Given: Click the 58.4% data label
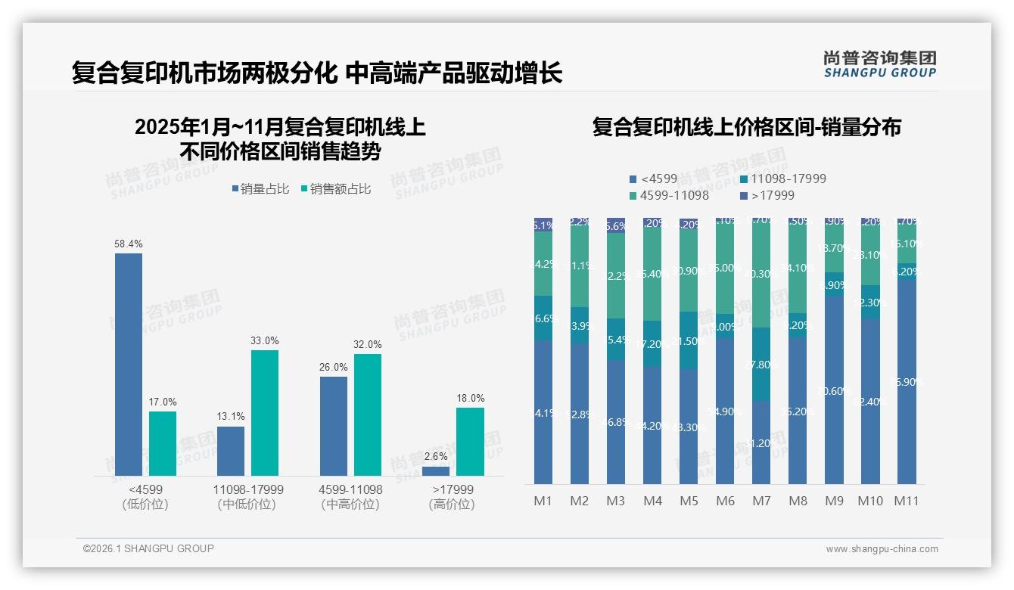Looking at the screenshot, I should click(x=129, y=244).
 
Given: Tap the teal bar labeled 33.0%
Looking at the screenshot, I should click(x=265, y=413).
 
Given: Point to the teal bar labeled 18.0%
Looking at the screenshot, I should click(x=470, y=442).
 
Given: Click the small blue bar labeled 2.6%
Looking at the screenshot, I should click(x=436, y=471).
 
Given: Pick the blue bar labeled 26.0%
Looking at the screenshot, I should click(x=334, y=426).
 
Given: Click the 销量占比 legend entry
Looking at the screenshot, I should click(x=260, y=189).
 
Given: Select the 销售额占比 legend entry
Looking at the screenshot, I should click(x=335, y=189).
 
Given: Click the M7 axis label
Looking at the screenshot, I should click(x=761, y=501).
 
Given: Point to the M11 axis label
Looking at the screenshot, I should click(x=907, y=501).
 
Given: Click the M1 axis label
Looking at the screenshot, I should click(x=543, y=501).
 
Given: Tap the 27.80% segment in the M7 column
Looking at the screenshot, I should click(x=761, y=364).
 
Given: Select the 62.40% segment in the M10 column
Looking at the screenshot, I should click(x=870, y=401).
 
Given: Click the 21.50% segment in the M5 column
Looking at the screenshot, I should click(x=689, y=340).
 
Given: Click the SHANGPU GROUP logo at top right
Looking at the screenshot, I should click(x=879, y=64).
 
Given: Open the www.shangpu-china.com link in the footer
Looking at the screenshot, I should click(x=882, y=549).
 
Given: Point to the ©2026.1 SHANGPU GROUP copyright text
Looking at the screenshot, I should click(x=148, y=548).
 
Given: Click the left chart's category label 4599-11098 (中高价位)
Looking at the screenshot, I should click(x=350, y=497).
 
